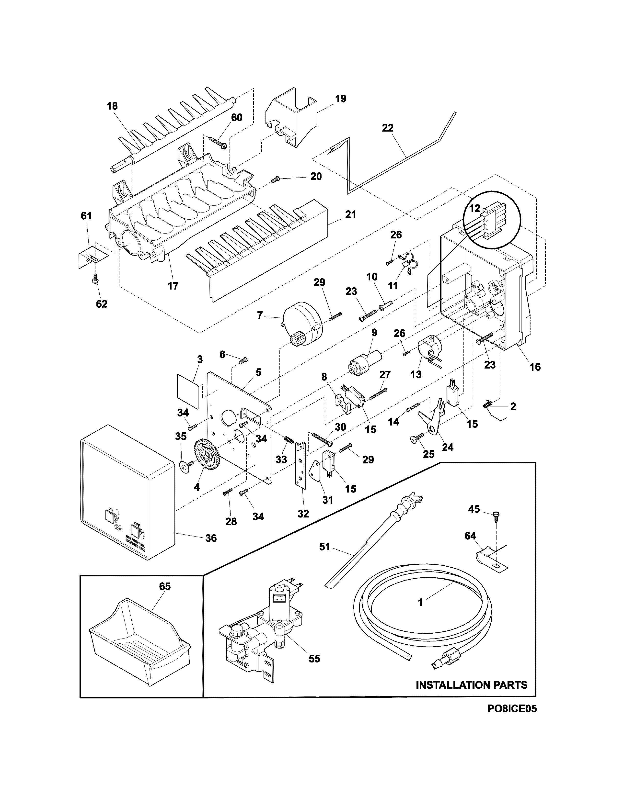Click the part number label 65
165,586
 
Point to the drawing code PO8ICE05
512,719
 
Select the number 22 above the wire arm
388,128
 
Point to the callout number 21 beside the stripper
350,214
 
